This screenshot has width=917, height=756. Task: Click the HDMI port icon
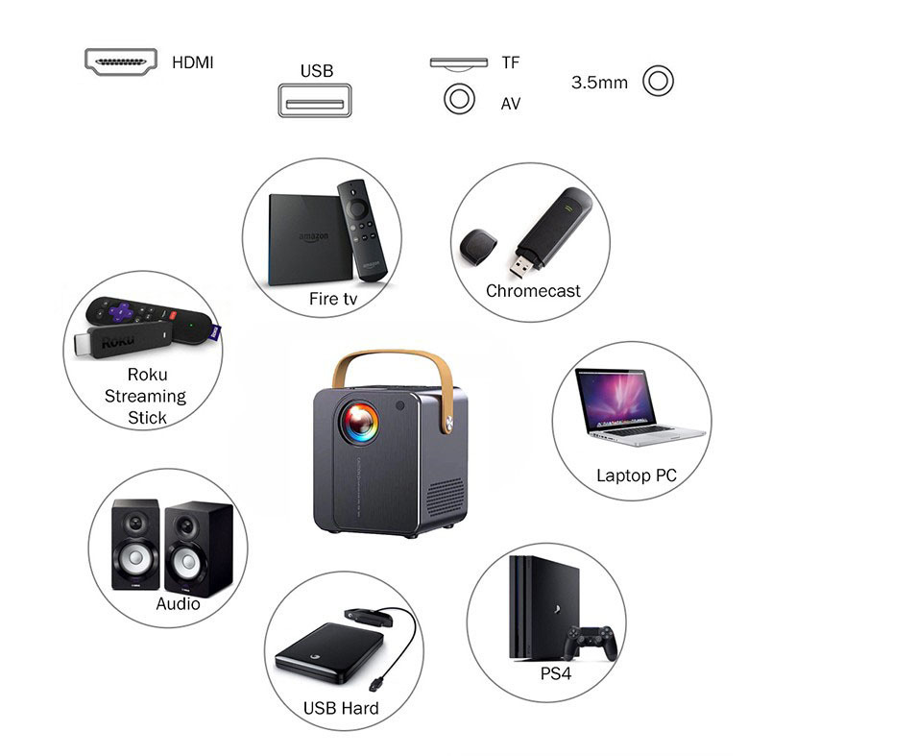point(121,61)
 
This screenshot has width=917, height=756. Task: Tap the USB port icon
point(315,101)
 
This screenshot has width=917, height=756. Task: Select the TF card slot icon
point(459,63)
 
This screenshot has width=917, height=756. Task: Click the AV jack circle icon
point(459,100)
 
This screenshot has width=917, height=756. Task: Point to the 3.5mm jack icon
point(658,82)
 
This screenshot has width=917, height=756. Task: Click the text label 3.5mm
point(599,83)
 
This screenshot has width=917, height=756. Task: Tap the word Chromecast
point(533,291)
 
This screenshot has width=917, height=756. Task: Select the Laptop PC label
point(636,476)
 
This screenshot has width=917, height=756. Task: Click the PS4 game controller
point(591,642)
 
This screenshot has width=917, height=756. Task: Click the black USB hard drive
point(323,654)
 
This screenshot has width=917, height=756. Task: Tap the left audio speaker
point(135,545)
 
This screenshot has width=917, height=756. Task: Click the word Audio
point(178,604)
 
